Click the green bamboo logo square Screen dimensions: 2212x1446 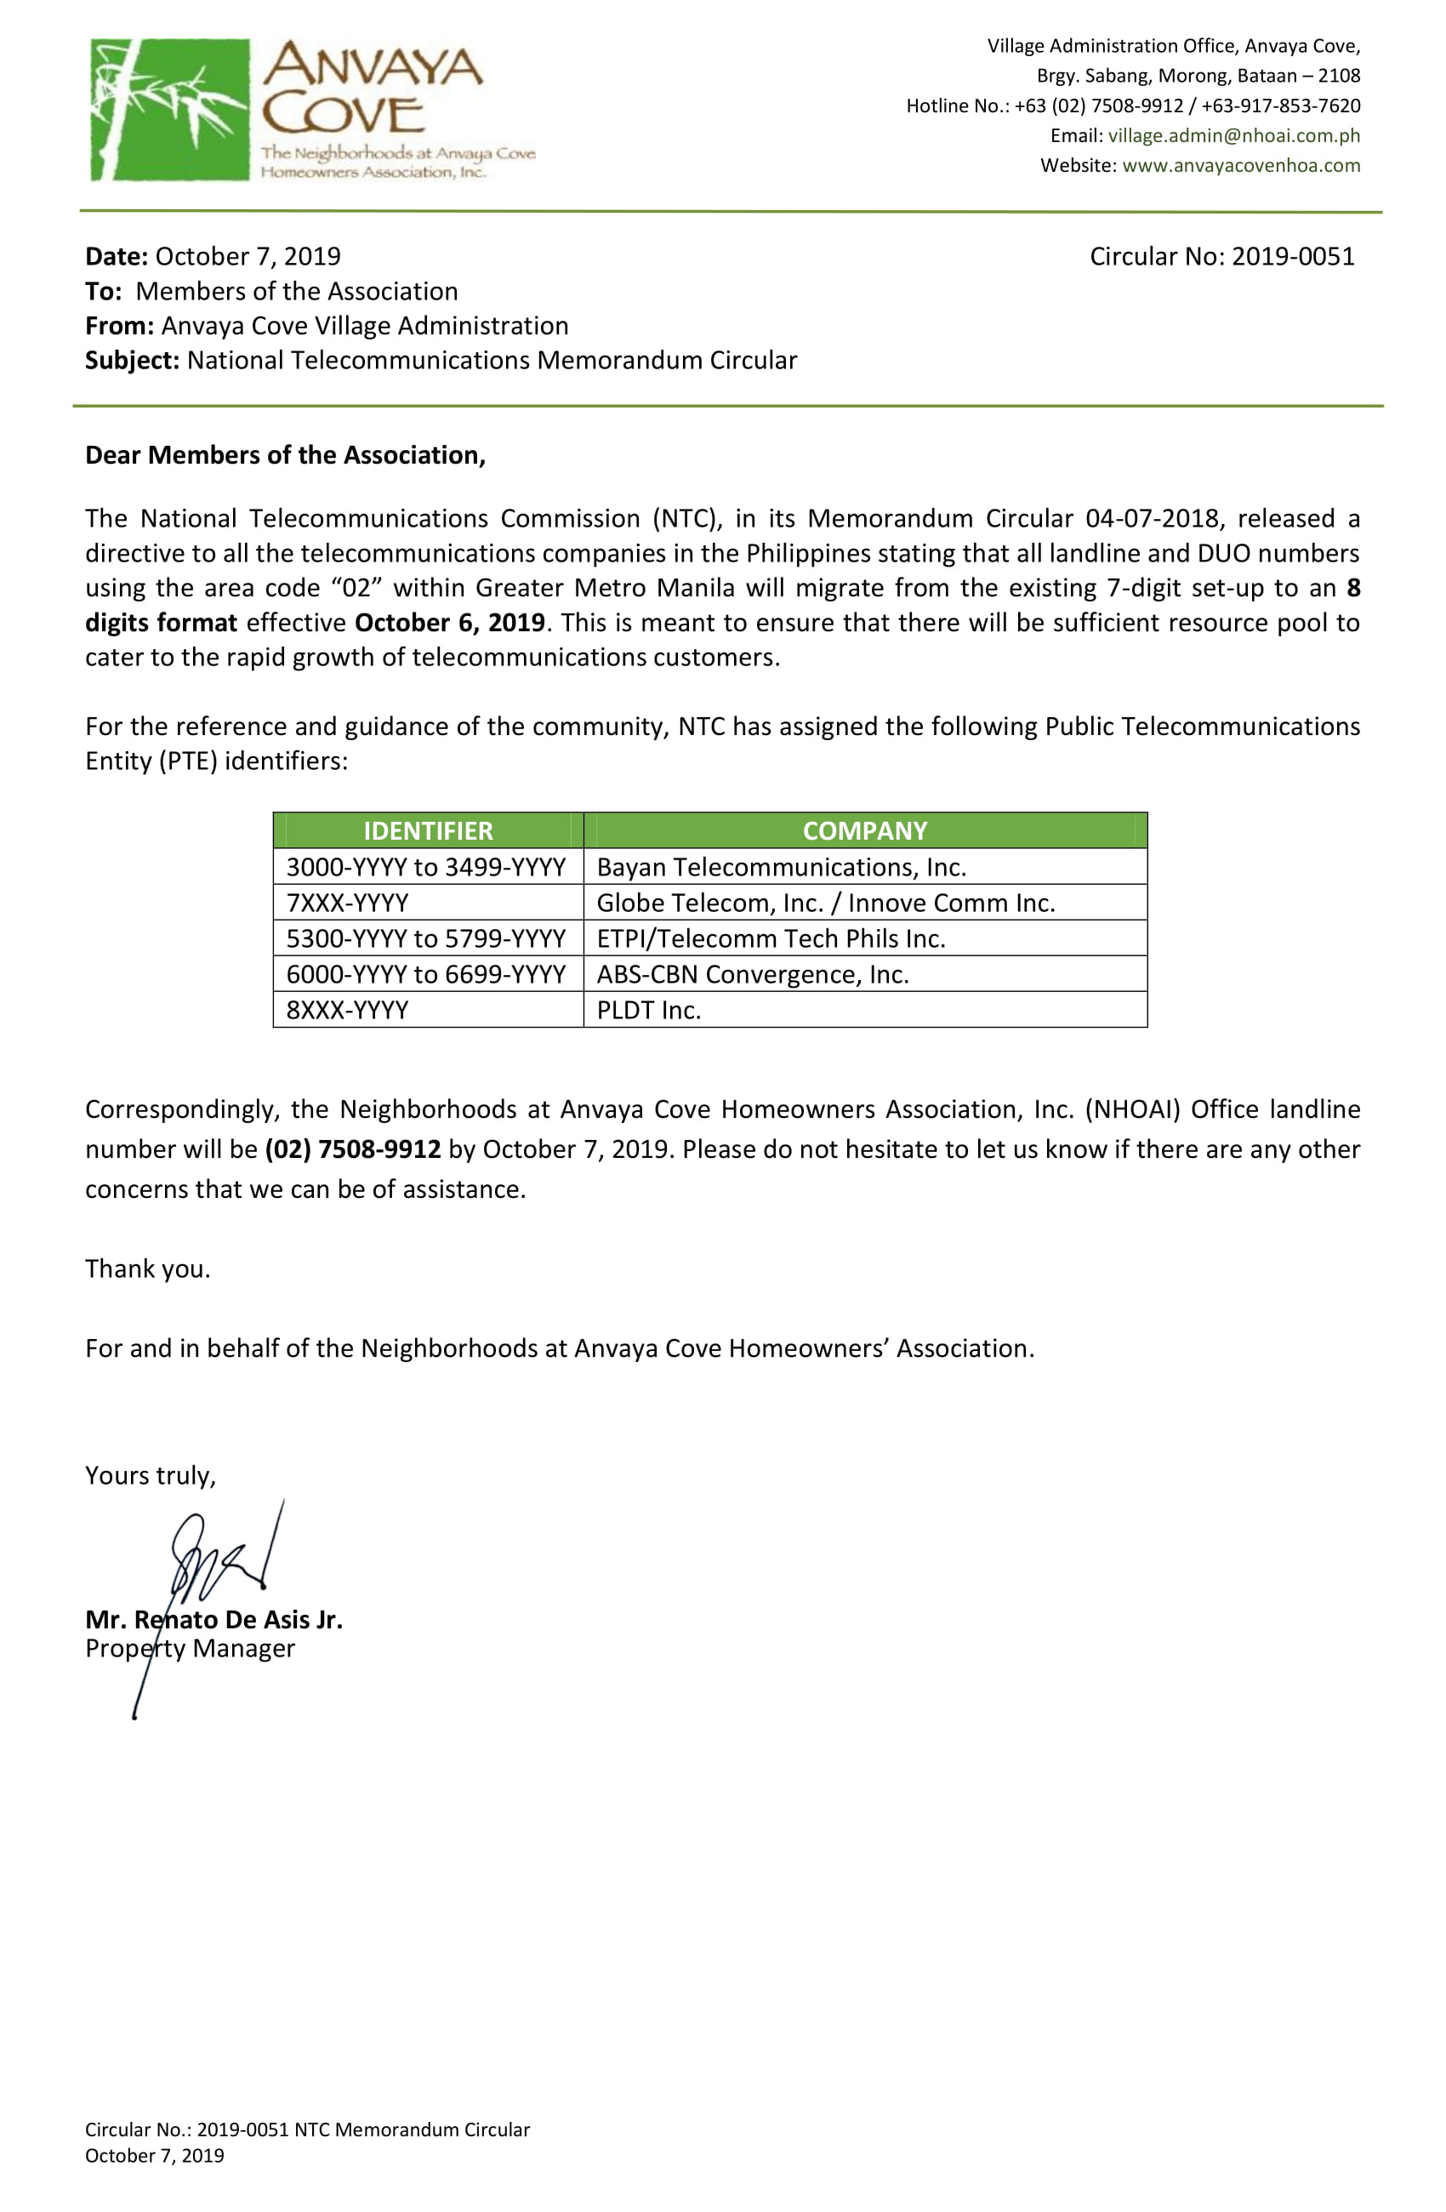[x=170, y=109]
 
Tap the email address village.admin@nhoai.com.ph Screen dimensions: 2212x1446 [x=1233, y=135]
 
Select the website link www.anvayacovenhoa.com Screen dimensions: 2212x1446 [x=1241, y=165]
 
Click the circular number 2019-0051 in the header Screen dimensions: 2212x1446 [x=1293, y=257]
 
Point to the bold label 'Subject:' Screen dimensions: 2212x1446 [x=132, y=361]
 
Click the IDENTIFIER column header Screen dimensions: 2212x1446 [x=428, y=831]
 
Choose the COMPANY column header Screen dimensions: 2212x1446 [x=864, y=831]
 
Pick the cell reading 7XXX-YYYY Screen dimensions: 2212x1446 [x=347, y=904]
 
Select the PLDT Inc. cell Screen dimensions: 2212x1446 [x=648, y=1010]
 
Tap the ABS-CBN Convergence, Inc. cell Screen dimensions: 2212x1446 [x=752, y=975]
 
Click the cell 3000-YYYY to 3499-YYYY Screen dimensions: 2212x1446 [x=425, y=867]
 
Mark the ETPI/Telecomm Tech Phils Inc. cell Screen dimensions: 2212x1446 [x=771, y=938]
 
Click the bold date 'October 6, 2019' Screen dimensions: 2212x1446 [x=449, y=623]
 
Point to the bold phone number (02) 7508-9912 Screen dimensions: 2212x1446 [x=352, y=1149]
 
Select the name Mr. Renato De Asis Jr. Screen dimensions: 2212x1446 [x=213, y=1620]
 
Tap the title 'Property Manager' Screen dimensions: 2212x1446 [x=190, y=1649]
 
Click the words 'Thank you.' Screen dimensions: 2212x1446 [x=148, y=1269]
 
